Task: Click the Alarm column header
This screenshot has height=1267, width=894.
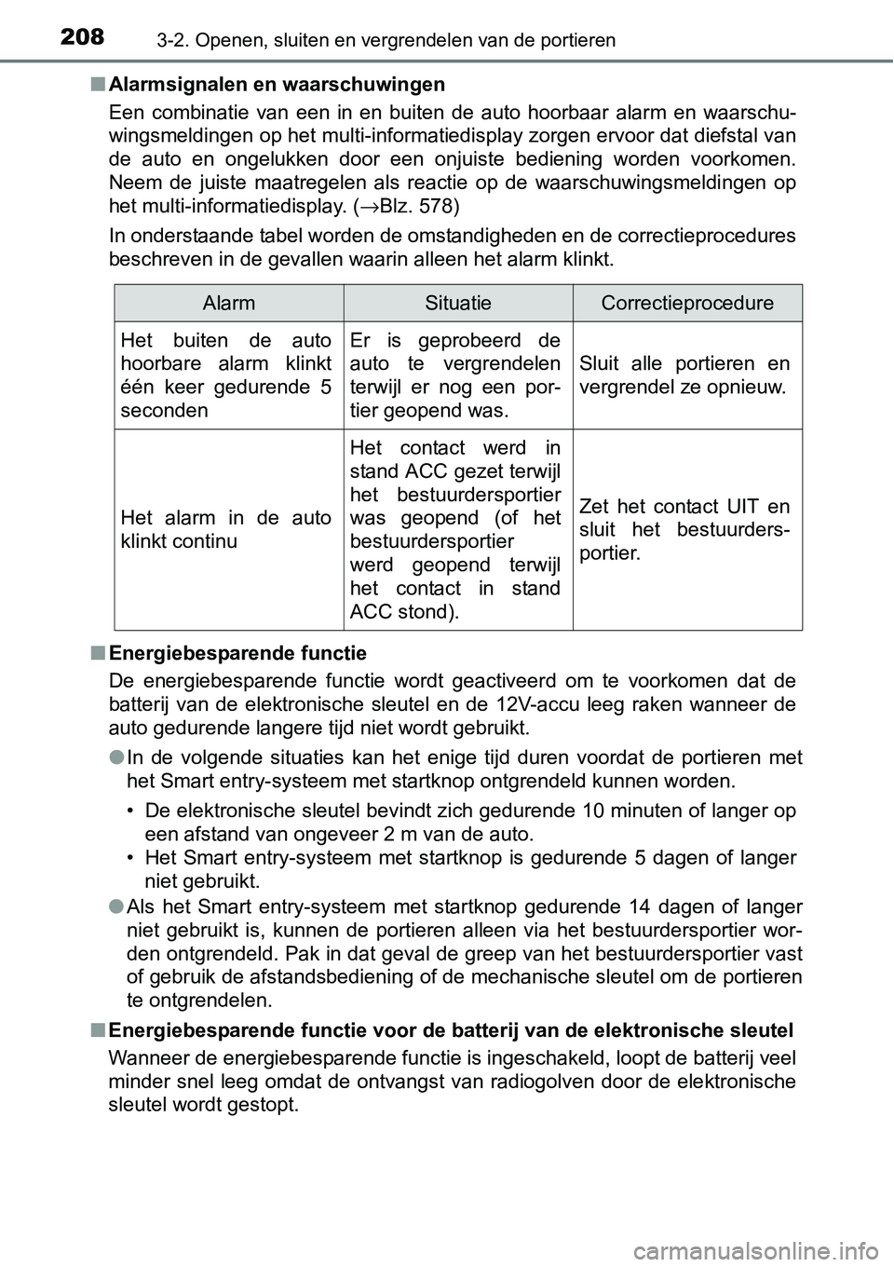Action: pos(229,303)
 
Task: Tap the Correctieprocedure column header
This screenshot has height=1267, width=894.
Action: pos(687,303)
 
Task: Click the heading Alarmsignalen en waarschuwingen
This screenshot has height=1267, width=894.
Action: pos(277,85)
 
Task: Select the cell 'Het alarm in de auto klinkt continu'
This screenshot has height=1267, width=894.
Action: pos(225,529)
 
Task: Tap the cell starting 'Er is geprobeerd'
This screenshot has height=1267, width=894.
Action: pos(455,375)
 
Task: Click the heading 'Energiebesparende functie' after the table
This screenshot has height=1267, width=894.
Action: pos(237,653)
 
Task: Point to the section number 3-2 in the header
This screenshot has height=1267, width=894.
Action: pos(132,40)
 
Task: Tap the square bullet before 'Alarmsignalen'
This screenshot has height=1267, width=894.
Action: pos(98,85)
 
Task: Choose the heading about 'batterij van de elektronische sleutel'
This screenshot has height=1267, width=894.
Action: pos(451,1029)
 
